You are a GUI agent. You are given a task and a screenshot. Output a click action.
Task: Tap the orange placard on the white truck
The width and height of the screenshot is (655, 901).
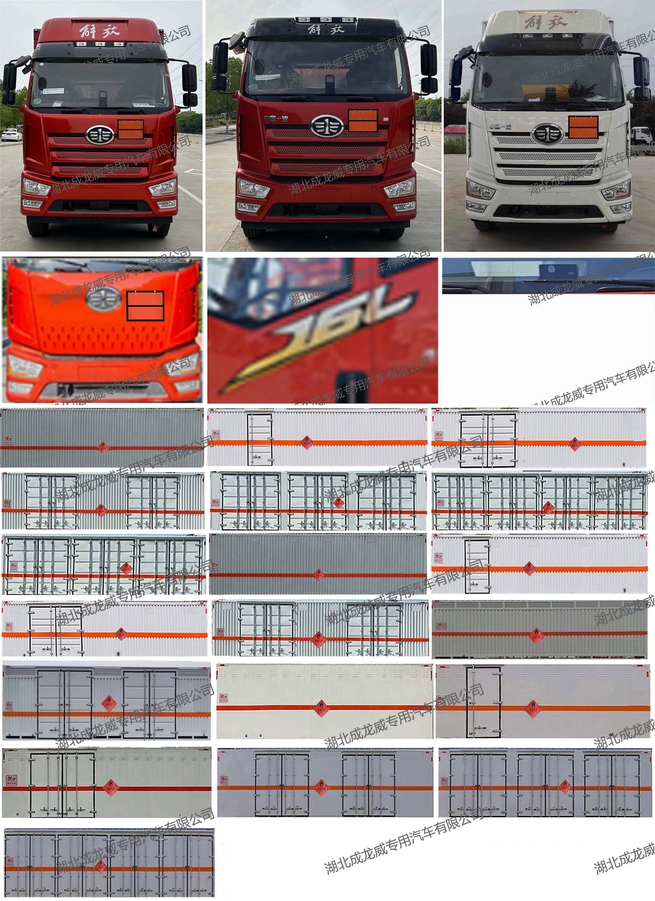[583, 127]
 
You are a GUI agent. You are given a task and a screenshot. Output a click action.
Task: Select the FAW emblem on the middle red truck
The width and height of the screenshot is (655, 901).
[327, 126]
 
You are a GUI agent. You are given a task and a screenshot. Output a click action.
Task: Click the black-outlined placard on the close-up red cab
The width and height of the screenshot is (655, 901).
[146, 305]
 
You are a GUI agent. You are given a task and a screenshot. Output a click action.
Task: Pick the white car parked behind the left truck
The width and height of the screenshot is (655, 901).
[12, 135]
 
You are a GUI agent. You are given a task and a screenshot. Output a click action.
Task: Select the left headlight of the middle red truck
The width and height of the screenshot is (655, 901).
[253, 187]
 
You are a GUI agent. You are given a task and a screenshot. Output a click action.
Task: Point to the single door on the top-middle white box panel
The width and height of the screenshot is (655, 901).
[260, 439]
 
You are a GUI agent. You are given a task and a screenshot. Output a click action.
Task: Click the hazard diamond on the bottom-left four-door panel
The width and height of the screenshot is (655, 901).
[100, 865]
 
